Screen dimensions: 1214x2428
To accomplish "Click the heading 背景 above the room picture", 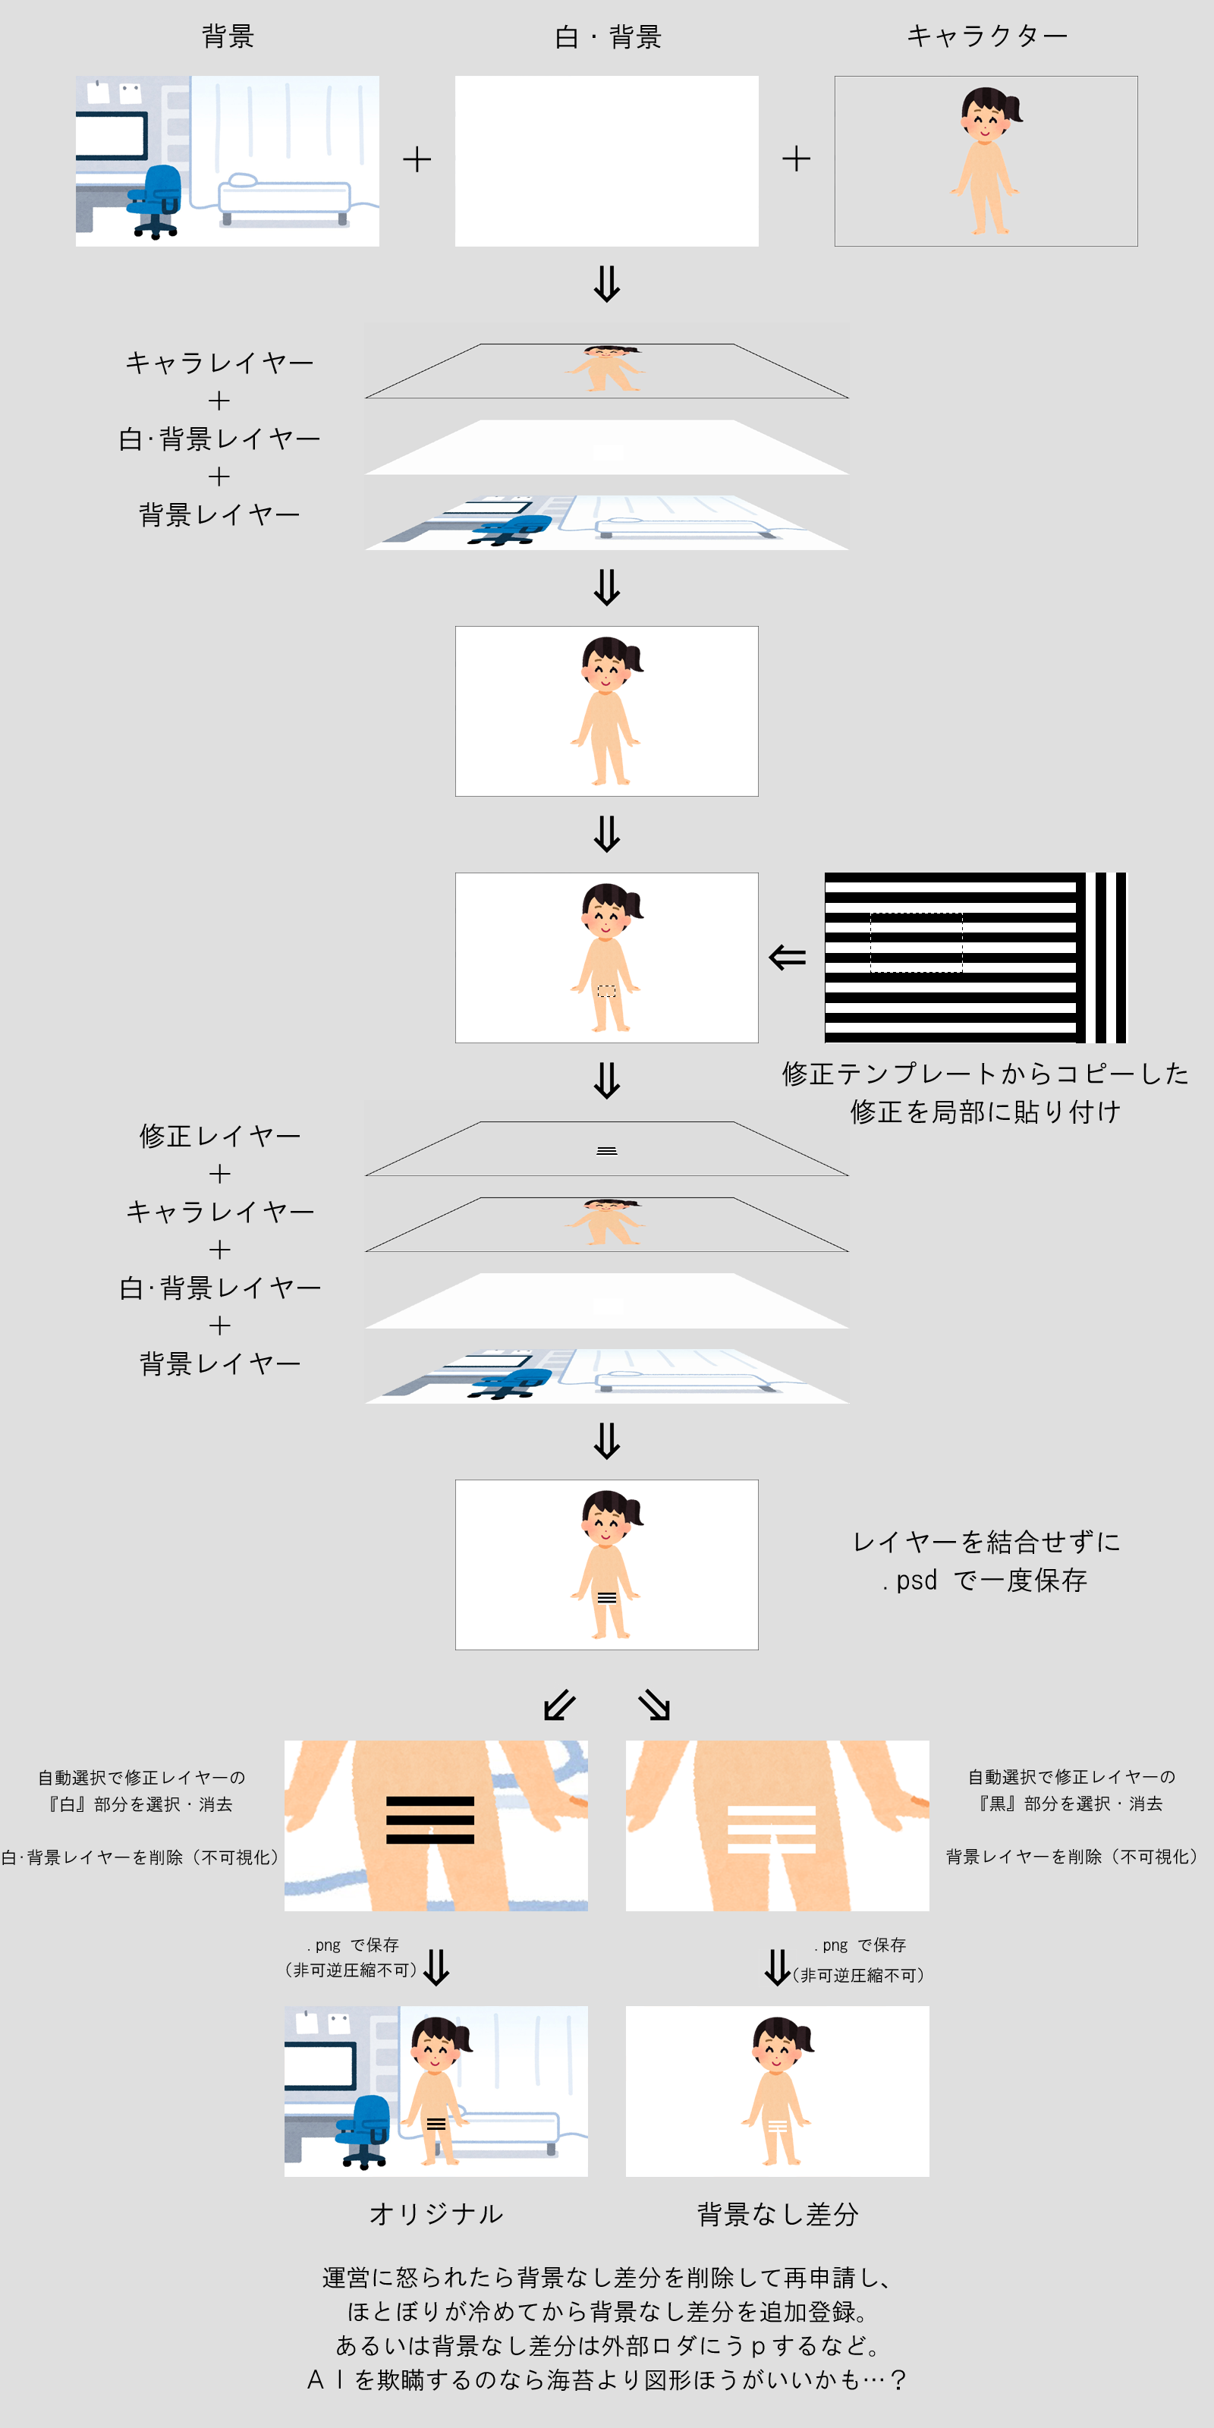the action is tap(228, 36).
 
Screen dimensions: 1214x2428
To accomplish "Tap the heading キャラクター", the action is tap(987, 36).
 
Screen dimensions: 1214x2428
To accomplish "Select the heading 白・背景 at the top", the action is tap(607, 36).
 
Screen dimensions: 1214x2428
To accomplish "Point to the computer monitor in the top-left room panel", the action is tap(112, 136).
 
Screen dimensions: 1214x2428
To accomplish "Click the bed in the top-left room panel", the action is tap(285, 199).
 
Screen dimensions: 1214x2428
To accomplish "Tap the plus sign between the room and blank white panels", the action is tap(417, 159).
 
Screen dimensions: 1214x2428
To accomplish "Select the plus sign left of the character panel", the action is tap(797, 159).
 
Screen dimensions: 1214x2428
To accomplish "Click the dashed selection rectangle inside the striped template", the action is tap(916, 942).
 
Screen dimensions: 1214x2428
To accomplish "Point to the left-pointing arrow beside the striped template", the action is tap(787, 958).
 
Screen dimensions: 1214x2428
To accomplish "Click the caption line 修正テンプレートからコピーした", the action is tap(985, 1074).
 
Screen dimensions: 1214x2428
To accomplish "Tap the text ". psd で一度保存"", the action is tap(985, 1580).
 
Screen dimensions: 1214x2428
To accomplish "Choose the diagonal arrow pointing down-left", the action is tap(560, 1704).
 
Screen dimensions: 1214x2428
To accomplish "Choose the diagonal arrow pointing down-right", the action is tap(654, 1704).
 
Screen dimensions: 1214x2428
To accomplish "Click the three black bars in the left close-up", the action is tap(429, 1820).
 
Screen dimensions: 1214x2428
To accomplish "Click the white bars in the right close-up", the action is tap(771, 1829).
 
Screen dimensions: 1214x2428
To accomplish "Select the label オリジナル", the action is tap(436, 2214).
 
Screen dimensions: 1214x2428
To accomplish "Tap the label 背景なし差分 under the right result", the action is tap(778, 2214).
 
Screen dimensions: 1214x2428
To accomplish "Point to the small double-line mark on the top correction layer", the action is tap(607, 1151).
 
